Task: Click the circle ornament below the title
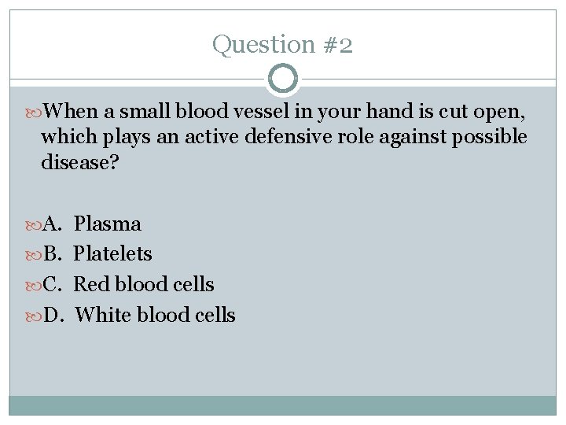(x=283, y=79)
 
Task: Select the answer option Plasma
(x=108, y=224)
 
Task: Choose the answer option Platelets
(x=113, y=254)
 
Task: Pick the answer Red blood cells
(x=144, y=284)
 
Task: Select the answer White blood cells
(x=155, y=315)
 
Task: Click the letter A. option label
(x=52, y=224)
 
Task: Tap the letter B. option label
(x=52, y=254)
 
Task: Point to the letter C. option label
(x=52, y=284)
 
